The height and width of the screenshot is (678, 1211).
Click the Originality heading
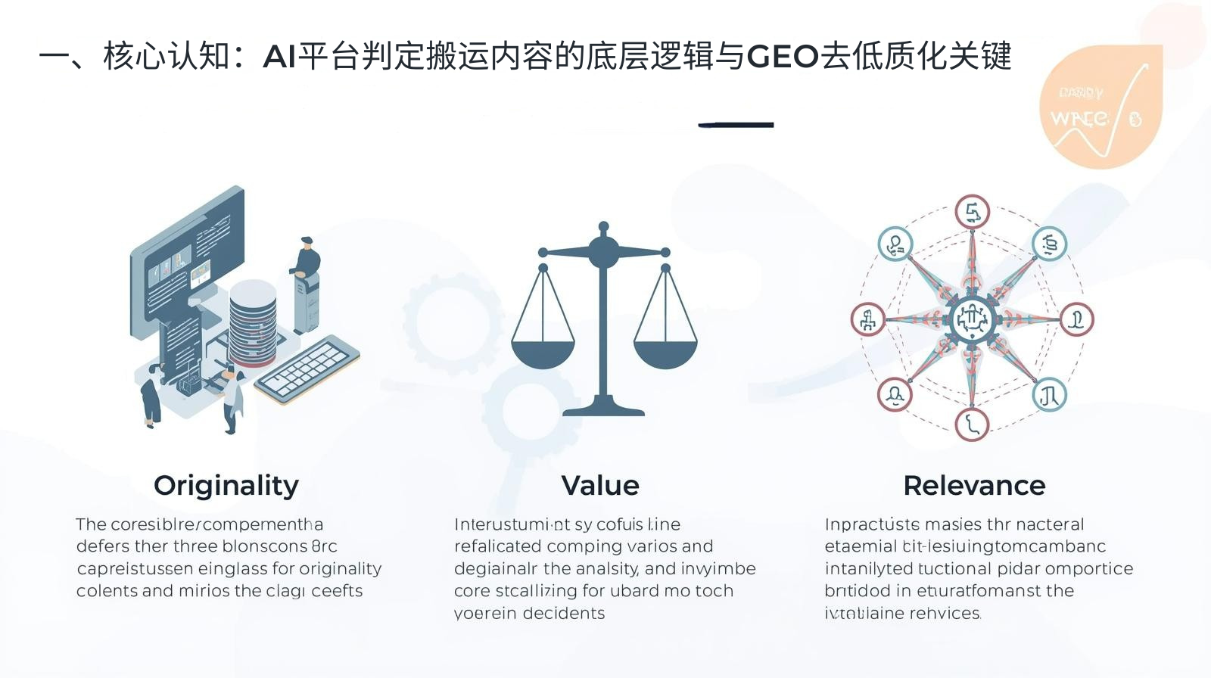226,485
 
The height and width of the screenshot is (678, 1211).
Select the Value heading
600,485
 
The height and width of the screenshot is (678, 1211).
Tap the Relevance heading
974,485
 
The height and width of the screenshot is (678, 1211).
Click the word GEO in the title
783,57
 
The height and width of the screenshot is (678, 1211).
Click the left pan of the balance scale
543,354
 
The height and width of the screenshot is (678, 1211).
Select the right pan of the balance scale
665,354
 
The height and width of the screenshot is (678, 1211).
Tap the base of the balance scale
603,409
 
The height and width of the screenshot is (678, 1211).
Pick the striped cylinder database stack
253,322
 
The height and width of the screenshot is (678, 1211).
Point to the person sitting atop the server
306,257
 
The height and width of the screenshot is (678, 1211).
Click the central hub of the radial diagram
972,319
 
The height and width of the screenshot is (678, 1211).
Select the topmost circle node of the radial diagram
973,213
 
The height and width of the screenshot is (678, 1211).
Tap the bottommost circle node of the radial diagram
973,425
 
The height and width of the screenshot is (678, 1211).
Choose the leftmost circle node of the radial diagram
868,319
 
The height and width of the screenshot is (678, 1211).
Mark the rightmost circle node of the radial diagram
1076,319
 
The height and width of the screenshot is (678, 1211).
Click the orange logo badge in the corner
1101,106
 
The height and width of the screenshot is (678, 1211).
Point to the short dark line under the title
736,125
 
